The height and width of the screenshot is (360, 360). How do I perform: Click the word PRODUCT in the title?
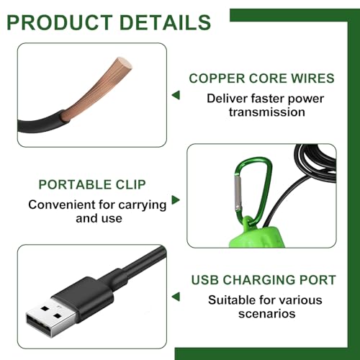(60, 22)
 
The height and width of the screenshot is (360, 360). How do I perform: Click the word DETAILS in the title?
(166, 22)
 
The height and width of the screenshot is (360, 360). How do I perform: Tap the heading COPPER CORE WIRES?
(261, 78)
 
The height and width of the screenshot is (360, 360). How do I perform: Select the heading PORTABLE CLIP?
(92, 184)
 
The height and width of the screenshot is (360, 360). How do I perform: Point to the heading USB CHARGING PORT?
(264, 280)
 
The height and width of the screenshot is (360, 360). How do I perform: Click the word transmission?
(267, 112)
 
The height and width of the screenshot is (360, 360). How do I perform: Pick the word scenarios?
(267, 314)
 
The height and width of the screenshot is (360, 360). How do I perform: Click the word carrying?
(143, 205)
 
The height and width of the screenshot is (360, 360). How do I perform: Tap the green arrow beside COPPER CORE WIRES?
(176, 95)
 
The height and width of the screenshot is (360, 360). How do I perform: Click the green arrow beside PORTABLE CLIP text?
(176, 200)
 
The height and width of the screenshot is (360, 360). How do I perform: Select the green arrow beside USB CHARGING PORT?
(176, 297)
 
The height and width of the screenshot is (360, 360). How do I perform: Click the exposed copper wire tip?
(125, 63)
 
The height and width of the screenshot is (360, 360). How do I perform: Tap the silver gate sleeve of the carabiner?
(238, 193)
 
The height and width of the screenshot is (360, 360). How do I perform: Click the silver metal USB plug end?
(50, 318)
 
